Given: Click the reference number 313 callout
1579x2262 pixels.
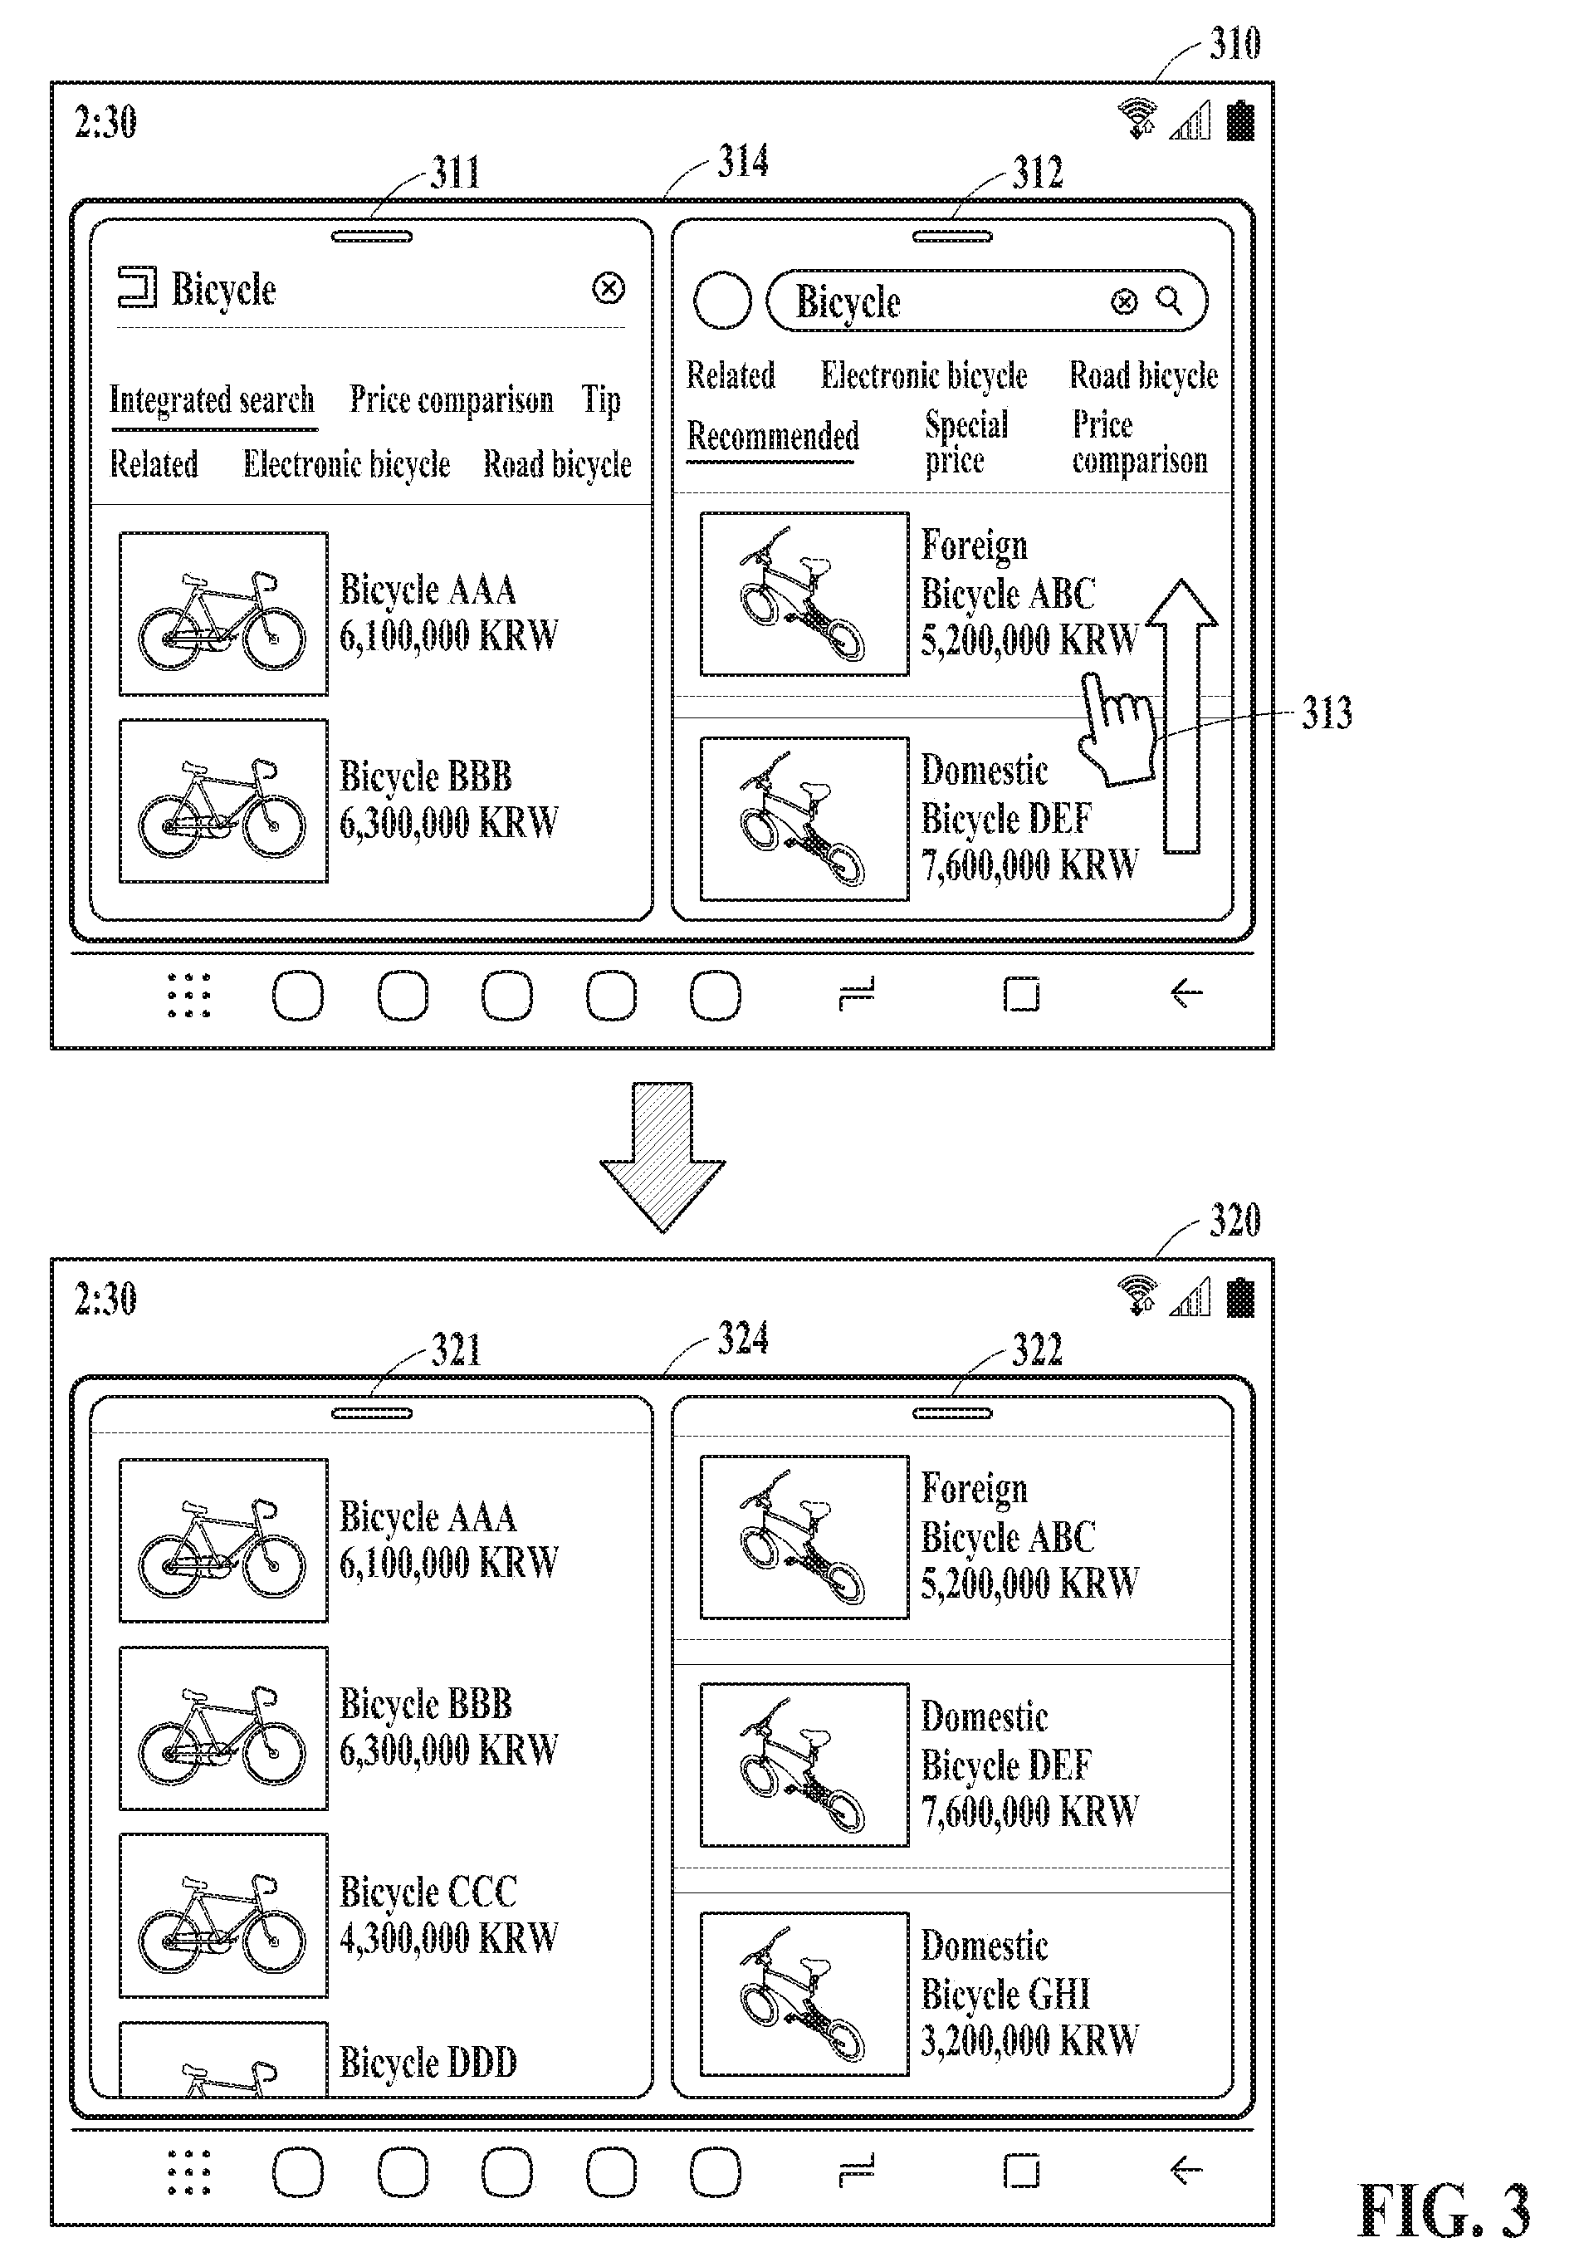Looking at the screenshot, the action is click(x=1326, y=712).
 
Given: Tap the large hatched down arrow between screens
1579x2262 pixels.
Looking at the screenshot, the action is click(x=662, y=1157).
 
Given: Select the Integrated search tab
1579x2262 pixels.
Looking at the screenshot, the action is click(x=212, y=400).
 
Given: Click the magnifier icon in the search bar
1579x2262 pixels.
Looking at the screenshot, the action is click(x=1169, y=300).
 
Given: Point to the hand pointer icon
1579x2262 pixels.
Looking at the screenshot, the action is click(x=1118, y=729).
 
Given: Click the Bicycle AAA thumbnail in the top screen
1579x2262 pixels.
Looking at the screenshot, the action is click(x=223, y=613).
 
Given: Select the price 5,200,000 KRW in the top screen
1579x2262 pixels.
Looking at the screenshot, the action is click(x=1029, y=640).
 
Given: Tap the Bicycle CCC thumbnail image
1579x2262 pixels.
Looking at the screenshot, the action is click(x=223, y=1914).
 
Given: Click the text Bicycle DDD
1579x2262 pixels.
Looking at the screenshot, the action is click(x=428, y=2061).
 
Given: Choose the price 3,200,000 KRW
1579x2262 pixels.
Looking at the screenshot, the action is click(x=1029, y=2039).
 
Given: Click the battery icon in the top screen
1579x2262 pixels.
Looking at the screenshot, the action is click(x=1240, y=120).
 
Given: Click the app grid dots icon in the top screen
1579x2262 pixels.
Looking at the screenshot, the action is click(x=188, y=995).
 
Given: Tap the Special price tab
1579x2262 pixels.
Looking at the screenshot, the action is click(x=966, y=443).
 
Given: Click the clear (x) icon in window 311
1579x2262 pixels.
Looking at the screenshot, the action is click(x=609, y=289).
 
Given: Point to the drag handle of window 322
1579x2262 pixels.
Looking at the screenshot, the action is click(x=951, y=1413).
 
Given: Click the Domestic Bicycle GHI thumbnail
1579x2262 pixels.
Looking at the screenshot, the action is click(x=804, y=1993).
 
